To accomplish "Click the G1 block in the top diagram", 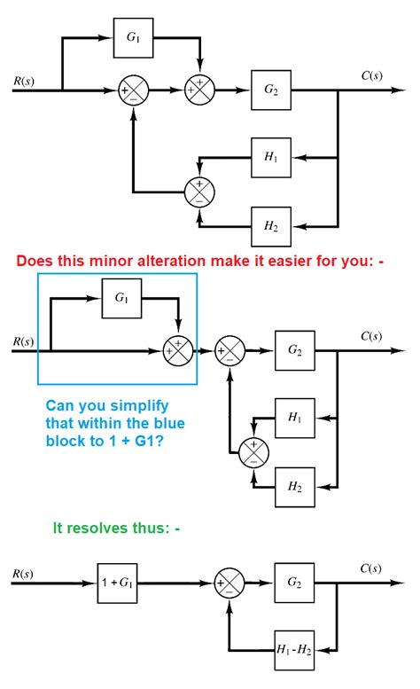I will point(132,38).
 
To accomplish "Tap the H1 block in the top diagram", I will point(269,157).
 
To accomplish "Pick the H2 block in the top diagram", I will point(269,224).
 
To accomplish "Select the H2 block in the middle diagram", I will point(293,485).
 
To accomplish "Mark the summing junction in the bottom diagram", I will point(229,584).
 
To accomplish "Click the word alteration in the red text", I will point(184,261).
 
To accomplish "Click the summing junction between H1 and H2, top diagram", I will point(199,191).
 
